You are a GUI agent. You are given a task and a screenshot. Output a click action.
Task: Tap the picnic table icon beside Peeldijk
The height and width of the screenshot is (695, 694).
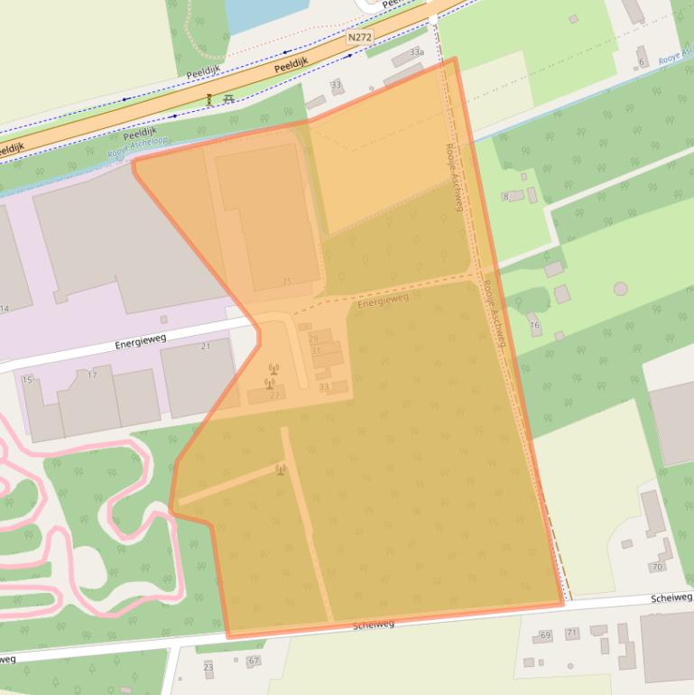(x=228, y=98)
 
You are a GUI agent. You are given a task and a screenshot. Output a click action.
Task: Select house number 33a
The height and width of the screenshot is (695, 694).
(x=416, y=53)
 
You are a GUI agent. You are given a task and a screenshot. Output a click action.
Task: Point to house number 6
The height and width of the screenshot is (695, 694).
(x=642, y=61)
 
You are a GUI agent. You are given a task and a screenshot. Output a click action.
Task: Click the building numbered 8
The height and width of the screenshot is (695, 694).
(x=506, y=196)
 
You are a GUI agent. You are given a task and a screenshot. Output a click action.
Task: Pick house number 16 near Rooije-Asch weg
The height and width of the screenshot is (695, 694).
(x=534, y=325)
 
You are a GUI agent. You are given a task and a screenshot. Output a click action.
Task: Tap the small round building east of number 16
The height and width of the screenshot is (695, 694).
(x=620, y=289)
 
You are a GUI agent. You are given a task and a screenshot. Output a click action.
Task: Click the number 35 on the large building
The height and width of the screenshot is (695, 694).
(x=287, y=282)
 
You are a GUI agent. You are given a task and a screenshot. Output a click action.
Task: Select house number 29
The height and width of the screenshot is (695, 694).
(x=314, y=338)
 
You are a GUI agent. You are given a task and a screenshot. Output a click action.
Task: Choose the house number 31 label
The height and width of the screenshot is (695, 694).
(x=316, y=350)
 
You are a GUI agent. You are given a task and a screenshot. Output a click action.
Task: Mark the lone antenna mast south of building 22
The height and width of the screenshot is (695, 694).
(x=281, y=468)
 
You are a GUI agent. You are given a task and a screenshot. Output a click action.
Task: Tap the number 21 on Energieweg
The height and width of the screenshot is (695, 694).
(x=205, y=347)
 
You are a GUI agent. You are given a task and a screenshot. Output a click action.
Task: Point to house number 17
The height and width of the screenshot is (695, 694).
(x=91, y=375)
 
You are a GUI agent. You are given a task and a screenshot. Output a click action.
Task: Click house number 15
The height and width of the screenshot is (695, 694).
(x=27, y=380)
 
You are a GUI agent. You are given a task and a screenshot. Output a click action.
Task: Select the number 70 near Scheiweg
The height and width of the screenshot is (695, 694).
(x=656, y=567)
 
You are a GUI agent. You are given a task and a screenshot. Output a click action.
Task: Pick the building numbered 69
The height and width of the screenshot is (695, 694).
(x=543, y=636)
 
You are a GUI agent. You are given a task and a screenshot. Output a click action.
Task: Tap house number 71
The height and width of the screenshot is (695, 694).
(x=571, y=633)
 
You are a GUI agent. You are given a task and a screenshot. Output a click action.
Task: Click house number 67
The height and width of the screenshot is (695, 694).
(x=254, y=662)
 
